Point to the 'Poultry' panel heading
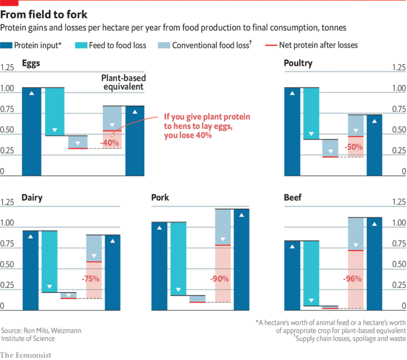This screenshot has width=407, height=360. pos(298,64)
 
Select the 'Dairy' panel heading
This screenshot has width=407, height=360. pos(32,198)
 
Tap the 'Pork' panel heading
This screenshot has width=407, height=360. pos(160,198)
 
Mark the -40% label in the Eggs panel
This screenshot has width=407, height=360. pos(112,143)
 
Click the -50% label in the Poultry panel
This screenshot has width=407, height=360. pos(355,147)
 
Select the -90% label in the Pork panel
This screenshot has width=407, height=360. pos(219,279)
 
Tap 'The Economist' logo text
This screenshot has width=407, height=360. pos(26,355)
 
